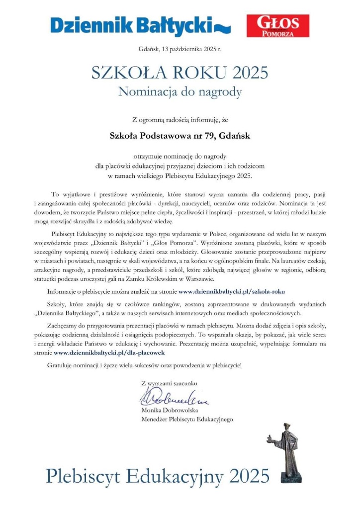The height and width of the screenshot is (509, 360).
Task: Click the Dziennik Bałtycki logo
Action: point(139,25)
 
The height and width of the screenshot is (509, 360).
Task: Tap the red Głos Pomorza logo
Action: point(277,26)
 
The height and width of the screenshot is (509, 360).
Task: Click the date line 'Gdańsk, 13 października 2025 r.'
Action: point(180,49)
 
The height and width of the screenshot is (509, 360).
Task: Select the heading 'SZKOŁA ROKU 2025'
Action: point(180,73)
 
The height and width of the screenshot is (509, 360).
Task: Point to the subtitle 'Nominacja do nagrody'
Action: point(180,91)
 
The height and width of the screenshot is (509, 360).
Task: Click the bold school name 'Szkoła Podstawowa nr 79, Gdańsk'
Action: point(180,134)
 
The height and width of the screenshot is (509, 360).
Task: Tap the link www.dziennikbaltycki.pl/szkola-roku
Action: point(232,291)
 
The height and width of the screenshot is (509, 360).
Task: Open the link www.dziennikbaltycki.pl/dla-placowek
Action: point(109,352)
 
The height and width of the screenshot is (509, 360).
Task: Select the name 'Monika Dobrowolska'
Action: point(170,411)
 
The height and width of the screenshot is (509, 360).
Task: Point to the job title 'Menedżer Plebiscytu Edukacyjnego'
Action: point(187,420)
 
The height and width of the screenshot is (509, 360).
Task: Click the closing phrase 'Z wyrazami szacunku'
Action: point(170,383)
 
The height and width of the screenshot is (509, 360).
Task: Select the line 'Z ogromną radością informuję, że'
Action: point(180,119)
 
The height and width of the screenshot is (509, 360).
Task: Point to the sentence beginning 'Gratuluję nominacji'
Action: point(145,365)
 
